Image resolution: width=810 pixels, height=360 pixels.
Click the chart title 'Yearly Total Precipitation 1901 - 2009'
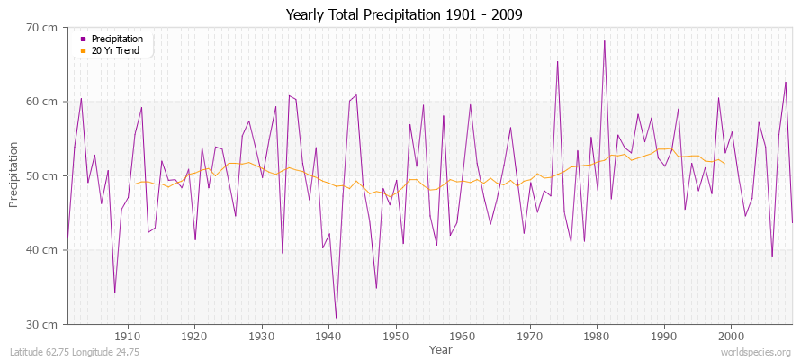tap(405, 14)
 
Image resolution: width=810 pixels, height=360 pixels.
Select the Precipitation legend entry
tap(116, 40)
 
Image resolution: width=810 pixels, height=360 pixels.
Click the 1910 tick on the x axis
tap(127, 336)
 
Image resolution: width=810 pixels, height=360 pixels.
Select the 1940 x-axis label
tap(328, 336)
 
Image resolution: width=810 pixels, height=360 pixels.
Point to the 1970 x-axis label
tap(530, 336)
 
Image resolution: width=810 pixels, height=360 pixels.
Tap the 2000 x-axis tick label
tap(731, 336)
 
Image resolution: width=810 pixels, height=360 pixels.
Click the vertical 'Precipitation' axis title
tap(13, 175)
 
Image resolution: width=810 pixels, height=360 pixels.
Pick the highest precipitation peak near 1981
tap(605, 41)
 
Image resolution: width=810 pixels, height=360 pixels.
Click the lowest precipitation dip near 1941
tap(336, 318)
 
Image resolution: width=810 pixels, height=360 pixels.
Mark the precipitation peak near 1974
tap(557, 62)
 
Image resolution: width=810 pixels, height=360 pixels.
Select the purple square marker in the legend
tap(84, 40)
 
